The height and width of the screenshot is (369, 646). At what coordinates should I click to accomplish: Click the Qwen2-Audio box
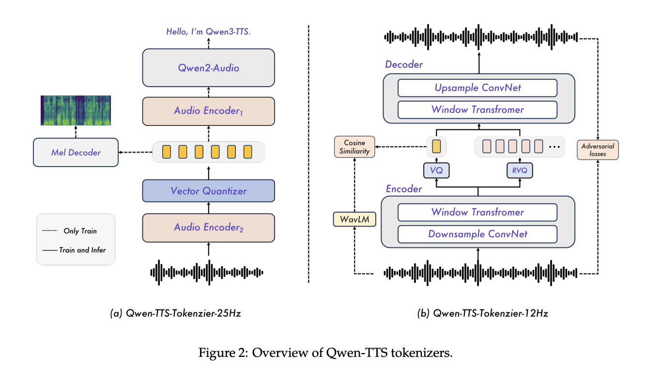point(208,68)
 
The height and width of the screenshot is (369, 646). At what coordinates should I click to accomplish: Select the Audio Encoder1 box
point(208,111)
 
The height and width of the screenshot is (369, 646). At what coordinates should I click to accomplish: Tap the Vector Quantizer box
point(208,191)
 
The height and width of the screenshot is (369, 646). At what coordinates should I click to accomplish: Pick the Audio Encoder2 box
point(208,227)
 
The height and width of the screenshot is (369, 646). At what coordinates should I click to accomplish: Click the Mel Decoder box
point(76,153)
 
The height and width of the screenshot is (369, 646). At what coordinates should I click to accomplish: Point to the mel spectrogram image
point(76,111)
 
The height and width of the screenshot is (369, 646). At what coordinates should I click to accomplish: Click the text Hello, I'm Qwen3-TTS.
point(209,32)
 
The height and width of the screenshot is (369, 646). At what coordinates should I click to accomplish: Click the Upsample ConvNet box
point(477,88)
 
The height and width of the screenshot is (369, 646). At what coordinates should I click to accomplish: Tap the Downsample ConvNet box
point(477,234)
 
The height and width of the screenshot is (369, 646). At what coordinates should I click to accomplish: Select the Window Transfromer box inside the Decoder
point(477,109)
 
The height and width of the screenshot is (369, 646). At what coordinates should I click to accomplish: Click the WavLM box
point(354,220)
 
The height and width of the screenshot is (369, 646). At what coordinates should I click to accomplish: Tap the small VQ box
point(436,170)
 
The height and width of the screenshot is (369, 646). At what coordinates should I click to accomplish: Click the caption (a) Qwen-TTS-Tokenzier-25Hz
point(176,313)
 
